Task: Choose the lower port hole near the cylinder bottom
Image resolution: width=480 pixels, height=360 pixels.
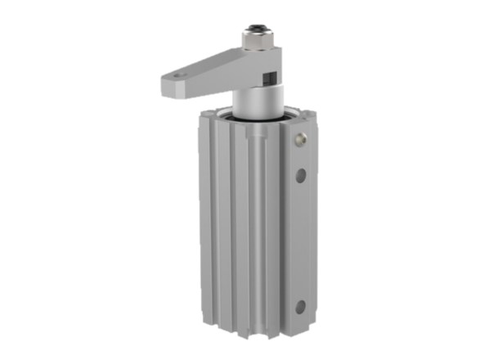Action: (x=301, y=307)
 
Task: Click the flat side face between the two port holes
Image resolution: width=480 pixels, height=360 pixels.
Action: (x=302, y=241)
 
